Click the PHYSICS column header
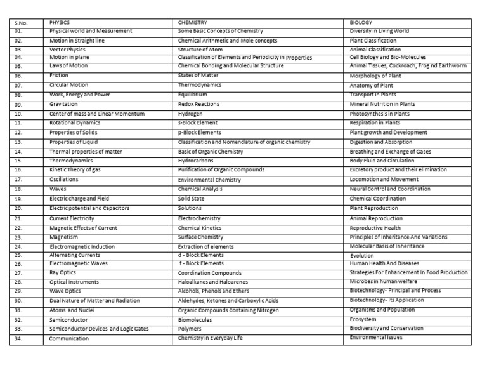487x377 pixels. (x=60, y=23)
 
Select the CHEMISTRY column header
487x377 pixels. (x=193, y=23)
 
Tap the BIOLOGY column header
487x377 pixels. (x=361, y=23)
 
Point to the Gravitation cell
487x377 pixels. (x=63, y=104)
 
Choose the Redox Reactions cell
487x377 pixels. (x=198, y=104)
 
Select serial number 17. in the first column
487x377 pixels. (x=18, y=180)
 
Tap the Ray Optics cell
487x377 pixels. (x=63, y=273)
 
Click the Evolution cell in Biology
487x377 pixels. (x=362, y=256)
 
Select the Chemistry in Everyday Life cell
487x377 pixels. (x=210, y=338)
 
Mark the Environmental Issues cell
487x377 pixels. (x=376, y=337)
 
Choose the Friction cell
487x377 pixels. (x=59, y=76)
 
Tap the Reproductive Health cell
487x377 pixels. (x=375, y=228)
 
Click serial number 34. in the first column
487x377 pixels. (x=18, y=339)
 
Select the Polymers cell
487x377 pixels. (x=190, y=329)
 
